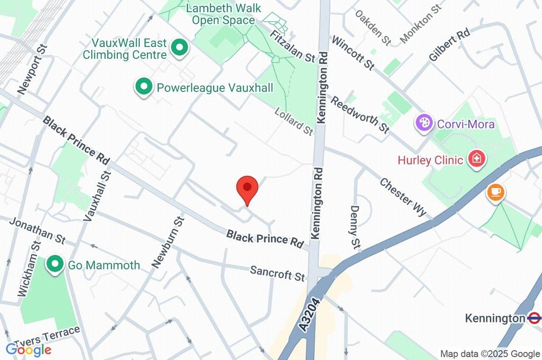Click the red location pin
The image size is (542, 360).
pyautogui.click(x=247, y=188)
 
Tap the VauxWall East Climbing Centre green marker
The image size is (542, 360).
pyautogui.click(x=180, y=49)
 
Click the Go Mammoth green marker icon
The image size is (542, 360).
pyautogui.click(x=55, y=265)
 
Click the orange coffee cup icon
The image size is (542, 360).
pyautogui.click(x=495, y=192)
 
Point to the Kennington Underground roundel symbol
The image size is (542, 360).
pyautogui.click(x=534, y=318)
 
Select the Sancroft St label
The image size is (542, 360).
pyautogui.click(x=278, y=273)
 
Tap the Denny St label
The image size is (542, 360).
pyautogui.click(x=355, y=227)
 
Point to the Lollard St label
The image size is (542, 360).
pyautogui.click(x=294, y=121)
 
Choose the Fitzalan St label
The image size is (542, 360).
pyautogui.click(x=292, y=45)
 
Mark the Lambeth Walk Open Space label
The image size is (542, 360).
pyautogui.click(x=223, y=14)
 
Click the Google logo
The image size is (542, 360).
pyautogui.click(x=29, y=350)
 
